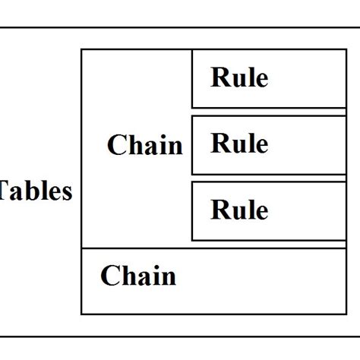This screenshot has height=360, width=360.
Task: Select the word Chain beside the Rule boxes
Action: click(x=145, y=145)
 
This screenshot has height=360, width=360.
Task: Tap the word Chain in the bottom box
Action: click(x=137, y=276)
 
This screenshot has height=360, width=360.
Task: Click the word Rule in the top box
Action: click(x=239, y=77)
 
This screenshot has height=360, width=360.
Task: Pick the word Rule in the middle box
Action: click(x=239, y=143)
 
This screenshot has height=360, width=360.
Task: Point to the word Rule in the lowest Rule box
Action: click(x=239, y=209)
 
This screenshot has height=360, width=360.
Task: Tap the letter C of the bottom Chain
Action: click(x=109, y=276)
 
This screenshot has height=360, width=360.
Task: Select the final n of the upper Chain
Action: click(x=175, y=146)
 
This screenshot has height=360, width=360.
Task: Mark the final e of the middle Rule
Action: click(x=261, y=144)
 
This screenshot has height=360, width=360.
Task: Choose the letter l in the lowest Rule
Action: click(x=251, y=208)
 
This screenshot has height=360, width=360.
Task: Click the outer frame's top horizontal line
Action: click(x=180, y=28)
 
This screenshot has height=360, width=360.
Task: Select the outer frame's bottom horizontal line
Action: click(x=180, y=336)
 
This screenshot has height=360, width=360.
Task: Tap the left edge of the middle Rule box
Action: click(x=192, y=144)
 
